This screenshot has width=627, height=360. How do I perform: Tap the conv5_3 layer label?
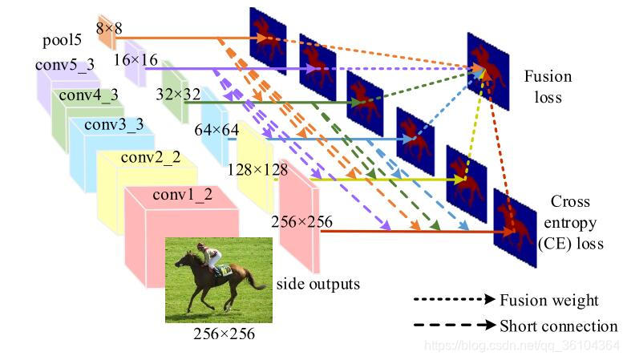point(66,64)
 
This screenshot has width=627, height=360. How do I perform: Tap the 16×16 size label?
point(135,59)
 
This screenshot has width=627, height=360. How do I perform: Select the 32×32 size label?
point(179,94)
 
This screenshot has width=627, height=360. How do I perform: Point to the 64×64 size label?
point(216,129)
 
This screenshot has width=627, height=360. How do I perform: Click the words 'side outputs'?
point(318,284)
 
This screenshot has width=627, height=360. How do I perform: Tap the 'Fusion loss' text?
point(548,87)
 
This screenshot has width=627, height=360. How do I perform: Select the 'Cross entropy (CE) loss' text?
point(570,222)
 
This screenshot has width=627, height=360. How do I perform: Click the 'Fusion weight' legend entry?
point(548,301)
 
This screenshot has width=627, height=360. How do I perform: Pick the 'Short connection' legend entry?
point(558,326)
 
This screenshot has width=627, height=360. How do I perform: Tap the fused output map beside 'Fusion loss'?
point(487,71)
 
